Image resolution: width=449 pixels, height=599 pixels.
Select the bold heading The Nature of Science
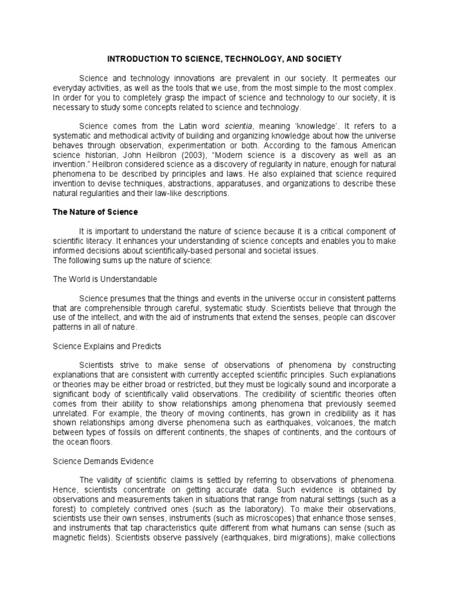[95, 212]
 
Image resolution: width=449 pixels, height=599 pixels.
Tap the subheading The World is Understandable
[105, 279]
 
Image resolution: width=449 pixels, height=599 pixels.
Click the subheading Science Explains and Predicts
[107, 346]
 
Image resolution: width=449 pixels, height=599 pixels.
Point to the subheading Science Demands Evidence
[103, 461]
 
